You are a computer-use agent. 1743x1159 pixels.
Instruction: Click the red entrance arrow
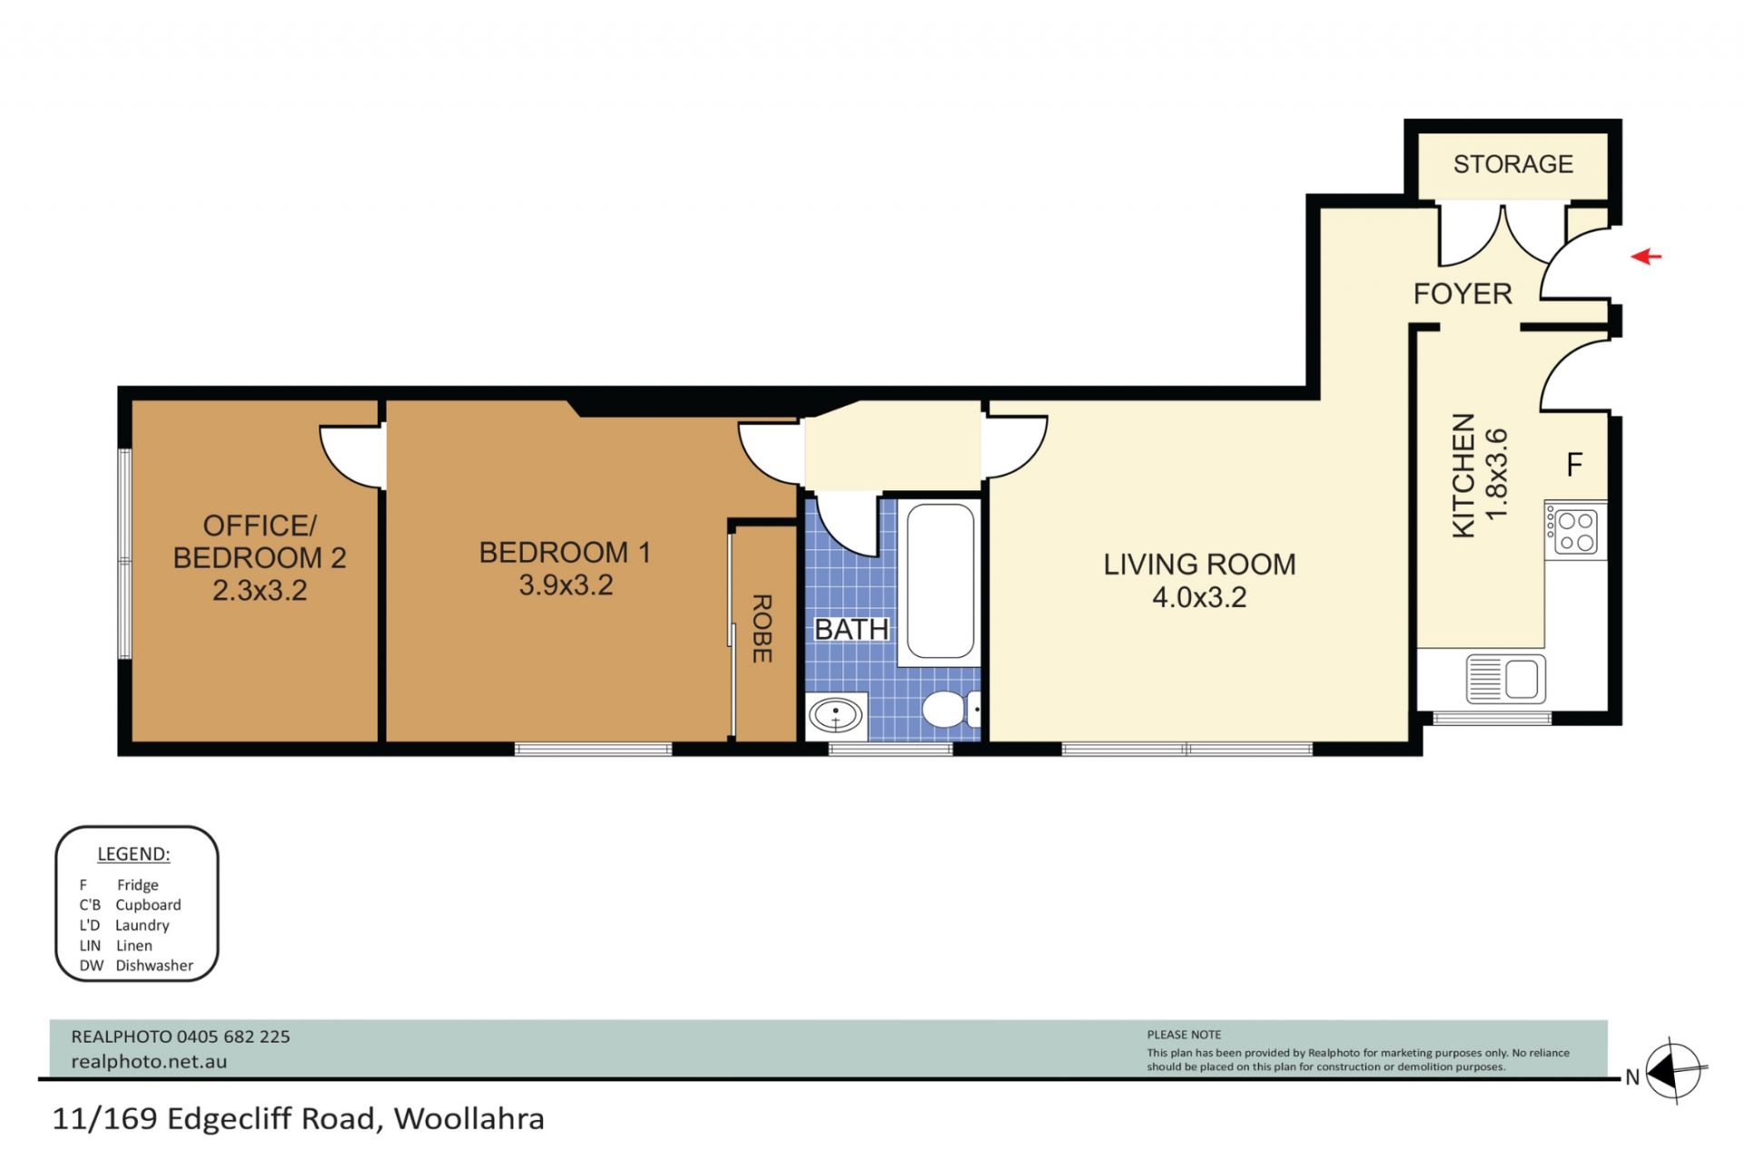pyautogui.click(x=1646, y=257)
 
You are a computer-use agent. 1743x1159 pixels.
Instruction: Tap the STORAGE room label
pyautogui.click(x=1512, y=164)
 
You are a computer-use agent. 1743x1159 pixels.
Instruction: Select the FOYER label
pyautogui.click(x=1462, y=293)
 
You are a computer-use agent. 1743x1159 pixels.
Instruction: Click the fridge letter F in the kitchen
pyautogui.click(x=1575, y=465)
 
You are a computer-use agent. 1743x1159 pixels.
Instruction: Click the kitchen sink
pyautogui.click(x=1505, y=678)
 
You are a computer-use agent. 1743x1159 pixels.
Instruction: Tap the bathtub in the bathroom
pyautogui.click(x=940, y=581)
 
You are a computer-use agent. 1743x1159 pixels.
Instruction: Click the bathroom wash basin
pyautogui.click(x=836, y=714)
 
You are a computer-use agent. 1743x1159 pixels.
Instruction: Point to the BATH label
pyautogui.click(x=851, y=629)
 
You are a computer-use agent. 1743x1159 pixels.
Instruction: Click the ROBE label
pyautogui.click(x=762, y=628)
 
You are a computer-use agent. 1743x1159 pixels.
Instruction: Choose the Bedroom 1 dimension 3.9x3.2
pyautogui.click(x=566, y=585)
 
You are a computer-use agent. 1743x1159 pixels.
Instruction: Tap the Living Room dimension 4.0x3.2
pyautogui.click(x=1199, y=597)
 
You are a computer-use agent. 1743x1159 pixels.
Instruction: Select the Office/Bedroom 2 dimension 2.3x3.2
pyautogui.click(x=260, y=590)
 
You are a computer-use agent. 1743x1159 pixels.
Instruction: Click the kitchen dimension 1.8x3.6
pyautogui.click(x=1495, y=474)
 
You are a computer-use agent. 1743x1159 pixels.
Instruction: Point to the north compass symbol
pyautogui.click(x=1673, y=1072)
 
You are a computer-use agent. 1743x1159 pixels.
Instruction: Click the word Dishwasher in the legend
pyautogui.click(x=154, y=966)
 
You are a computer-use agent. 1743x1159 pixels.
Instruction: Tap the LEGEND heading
pyautogui.click(x=133, y=854)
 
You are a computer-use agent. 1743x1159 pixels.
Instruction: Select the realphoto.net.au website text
pyautogui.click(x=149, y=1061)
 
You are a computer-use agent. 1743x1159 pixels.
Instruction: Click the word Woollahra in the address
pyautogui.click(x=468, y=1118)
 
